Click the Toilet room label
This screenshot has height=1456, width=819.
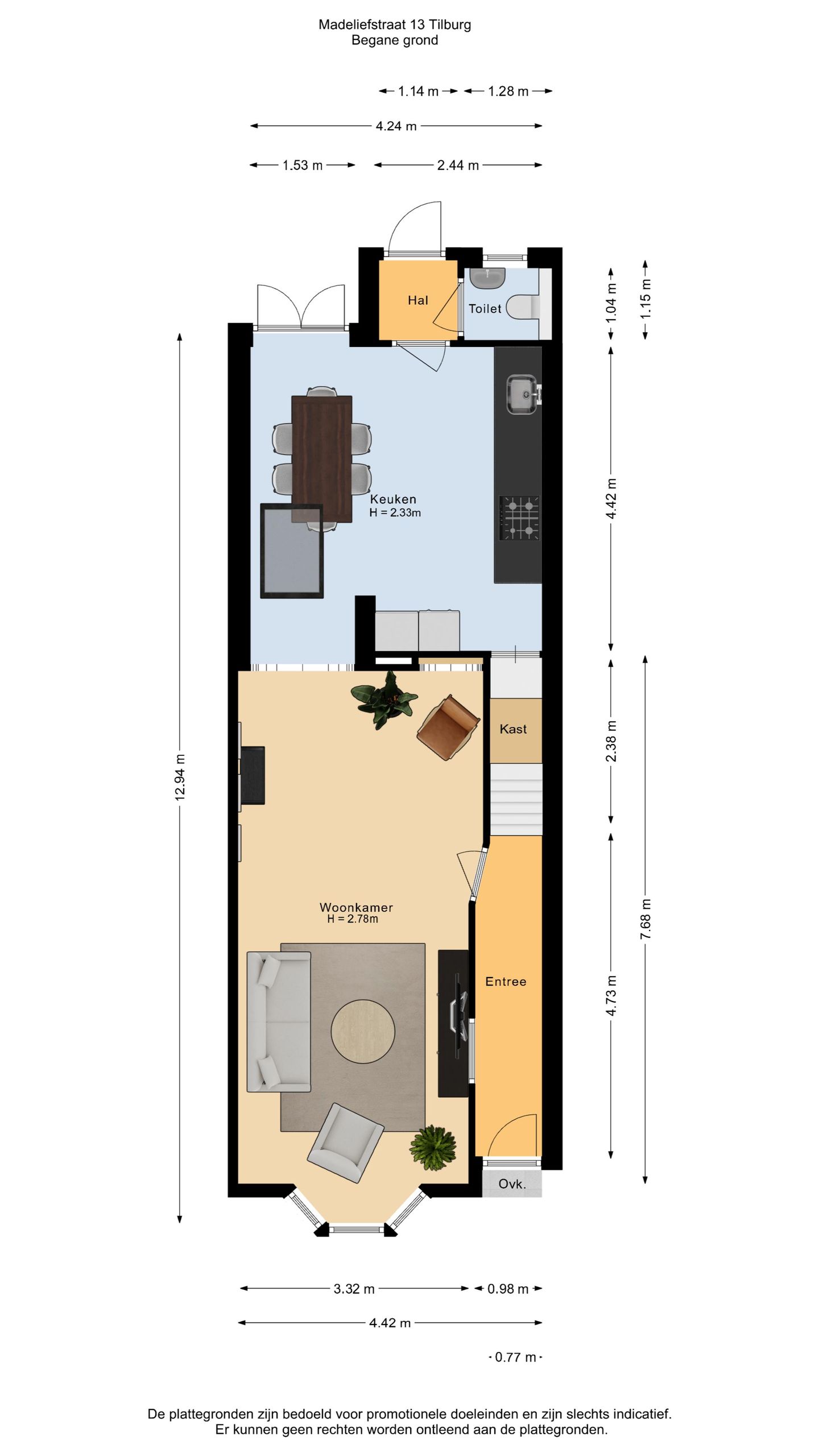point(485,308)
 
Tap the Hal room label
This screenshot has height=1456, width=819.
point(417,300)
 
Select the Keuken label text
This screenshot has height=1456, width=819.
point(393,499)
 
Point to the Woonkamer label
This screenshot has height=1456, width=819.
point(356,907)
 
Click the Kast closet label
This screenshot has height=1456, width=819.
point(513,729)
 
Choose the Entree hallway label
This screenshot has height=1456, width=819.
point(506,981)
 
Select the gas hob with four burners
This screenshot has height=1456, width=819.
point(519,518)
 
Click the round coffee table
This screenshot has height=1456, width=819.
point(363,1031)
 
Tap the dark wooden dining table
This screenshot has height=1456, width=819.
point(321,459)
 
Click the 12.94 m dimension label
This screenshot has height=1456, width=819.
point(180,777)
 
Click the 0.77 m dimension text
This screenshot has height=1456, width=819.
point(515,1357)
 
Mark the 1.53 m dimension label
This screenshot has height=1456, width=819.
point(303,166)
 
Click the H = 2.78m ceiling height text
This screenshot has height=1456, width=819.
point(353,919)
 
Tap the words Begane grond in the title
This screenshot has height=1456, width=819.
point(395,40)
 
